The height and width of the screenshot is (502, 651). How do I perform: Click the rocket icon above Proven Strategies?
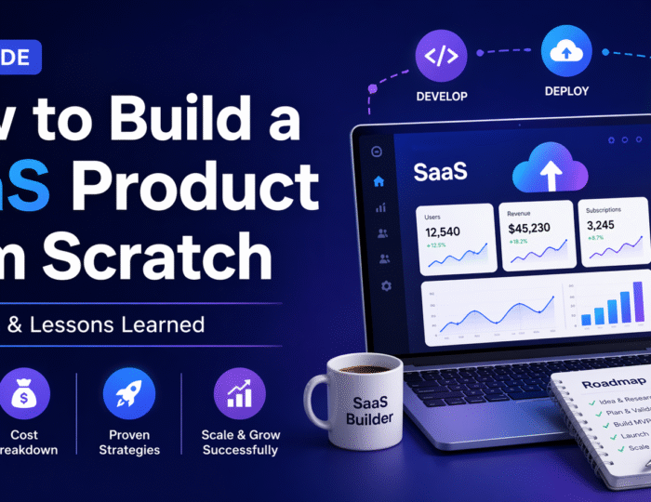[128, 393]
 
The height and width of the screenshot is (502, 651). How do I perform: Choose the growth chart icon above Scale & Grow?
[240, 393]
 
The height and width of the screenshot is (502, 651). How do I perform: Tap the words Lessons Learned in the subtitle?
[149, 324]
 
